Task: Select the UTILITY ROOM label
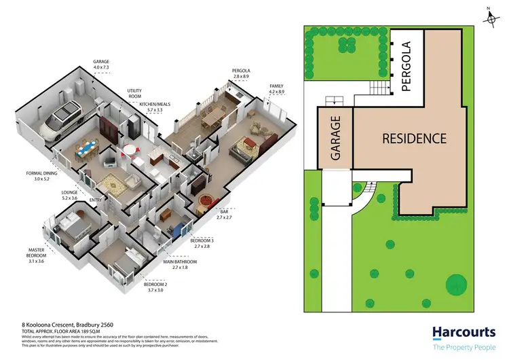(134, 93)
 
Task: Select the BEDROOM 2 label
(156, 285)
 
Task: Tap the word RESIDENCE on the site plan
(414, 139)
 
